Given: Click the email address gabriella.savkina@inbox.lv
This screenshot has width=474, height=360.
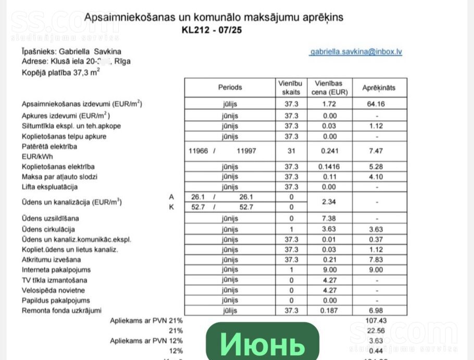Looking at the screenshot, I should (356, 52).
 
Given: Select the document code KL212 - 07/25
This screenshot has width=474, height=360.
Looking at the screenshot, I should (211, 30).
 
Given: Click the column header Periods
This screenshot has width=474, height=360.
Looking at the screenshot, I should (230, 88).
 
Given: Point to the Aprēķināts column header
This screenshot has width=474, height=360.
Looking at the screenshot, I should (379, 88).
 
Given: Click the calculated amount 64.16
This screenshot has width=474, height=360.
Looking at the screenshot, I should (376, 104).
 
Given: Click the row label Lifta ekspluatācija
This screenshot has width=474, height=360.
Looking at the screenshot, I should (49, 187).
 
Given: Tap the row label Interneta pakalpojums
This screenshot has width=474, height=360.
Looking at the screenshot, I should (56, 270).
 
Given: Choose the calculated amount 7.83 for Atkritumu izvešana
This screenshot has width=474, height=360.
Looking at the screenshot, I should (376, 259).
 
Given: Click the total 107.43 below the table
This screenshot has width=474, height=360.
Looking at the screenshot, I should (376, 320).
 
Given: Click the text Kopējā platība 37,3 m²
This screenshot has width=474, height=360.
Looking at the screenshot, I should (61, 72).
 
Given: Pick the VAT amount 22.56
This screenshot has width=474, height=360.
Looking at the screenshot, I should (376, 330).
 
